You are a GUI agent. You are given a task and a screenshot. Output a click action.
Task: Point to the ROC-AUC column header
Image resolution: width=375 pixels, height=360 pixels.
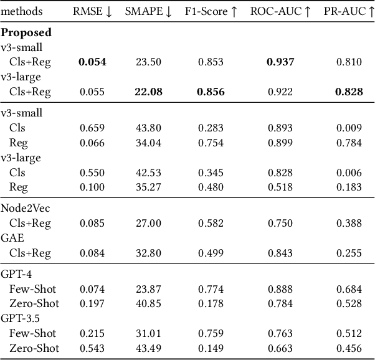(x=280, y=12)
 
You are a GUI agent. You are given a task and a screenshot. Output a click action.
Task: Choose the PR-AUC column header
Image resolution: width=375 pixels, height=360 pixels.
(x=348, y=12)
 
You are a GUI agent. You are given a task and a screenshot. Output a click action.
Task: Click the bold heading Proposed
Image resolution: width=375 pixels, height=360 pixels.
(x=26, y=32)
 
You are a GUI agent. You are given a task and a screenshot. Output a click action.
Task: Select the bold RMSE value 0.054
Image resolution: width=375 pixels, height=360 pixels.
(x=92, y=62)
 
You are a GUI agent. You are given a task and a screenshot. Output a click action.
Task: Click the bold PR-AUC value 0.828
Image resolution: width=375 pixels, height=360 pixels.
(x=348, y=92)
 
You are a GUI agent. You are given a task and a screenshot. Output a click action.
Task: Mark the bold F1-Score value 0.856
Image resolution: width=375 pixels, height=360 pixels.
(x=211, y=92)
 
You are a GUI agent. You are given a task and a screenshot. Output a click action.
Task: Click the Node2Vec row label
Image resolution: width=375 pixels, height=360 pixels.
(x=25, y=208)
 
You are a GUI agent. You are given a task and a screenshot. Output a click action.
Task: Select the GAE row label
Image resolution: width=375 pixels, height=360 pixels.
(x=12, y=238)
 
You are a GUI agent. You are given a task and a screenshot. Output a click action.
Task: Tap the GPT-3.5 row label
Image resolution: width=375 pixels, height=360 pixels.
(x=20, y=318)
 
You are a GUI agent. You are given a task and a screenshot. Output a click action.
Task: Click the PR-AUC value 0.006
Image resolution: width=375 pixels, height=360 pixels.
(x=348, y=173)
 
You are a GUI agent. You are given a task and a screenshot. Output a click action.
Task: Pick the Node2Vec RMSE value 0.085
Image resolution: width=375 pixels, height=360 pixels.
(x=92, y=223)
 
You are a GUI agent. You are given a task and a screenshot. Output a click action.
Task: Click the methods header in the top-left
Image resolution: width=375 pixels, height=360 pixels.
(x=22, y=12)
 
